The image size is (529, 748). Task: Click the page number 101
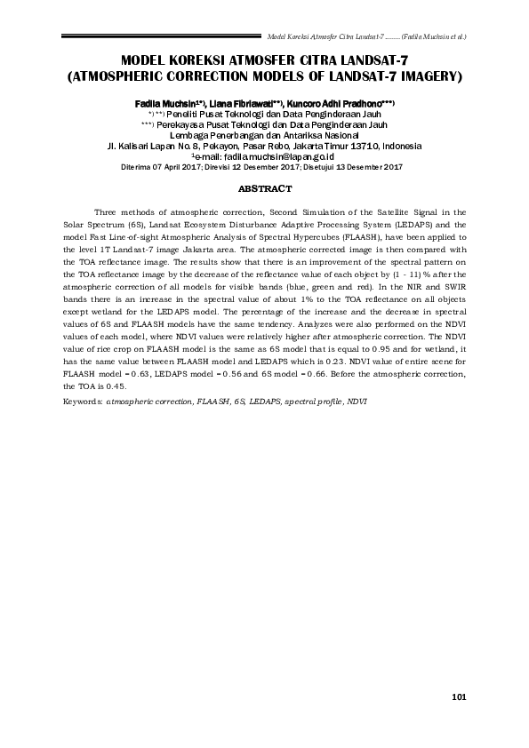coord(459,696)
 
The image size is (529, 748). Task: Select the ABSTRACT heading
coord(264,189)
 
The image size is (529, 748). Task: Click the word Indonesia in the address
coord(402,146)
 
